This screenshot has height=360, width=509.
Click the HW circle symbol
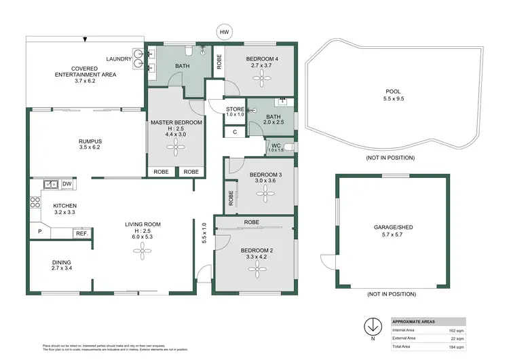click(x=223, y=31)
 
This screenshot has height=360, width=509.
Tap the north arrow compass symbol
click(x=372, y=325)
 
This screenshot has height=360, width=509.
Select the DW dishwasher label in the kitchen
click(x=67, y=184)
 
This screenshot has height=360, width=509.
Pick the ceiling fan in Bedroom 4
click(x=261, y=79)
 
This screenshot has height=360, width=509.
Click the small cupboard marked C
click(x=235, y=132)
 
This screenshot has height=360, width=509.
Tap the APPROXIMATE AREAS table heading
click(x=415, y=322)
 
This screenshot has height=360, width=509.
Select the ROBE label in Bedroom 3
click(x=231, y=198)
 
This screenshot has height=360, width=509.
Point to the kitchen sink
click(x=49, y=184)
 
